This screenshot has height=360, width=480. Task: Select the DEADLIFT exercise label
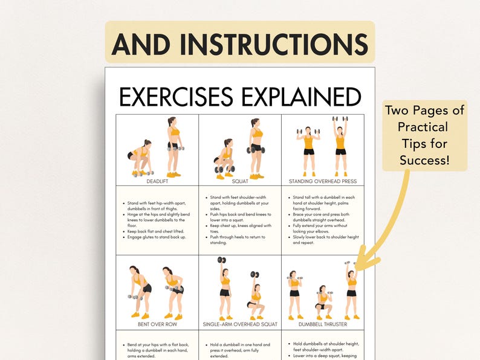coord(157,181)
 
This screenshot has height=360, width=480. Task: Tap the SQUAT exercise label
coord(239,181)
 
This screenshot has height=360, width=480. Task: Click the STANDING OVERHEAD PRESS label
coord(323,181)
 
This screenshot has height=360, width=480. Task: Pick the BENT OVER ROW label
coord(157,324)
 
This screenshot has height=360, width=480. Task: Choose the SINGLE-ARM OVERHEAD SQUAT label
coord(239,324)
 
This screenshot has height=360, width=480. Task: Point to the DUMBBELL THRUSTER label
coord(323,324)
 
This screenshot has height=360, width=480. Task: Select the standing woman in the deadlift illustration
coord(174,147)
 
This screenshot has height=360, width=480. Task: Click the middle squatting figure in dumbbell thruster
coord(323,301)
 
